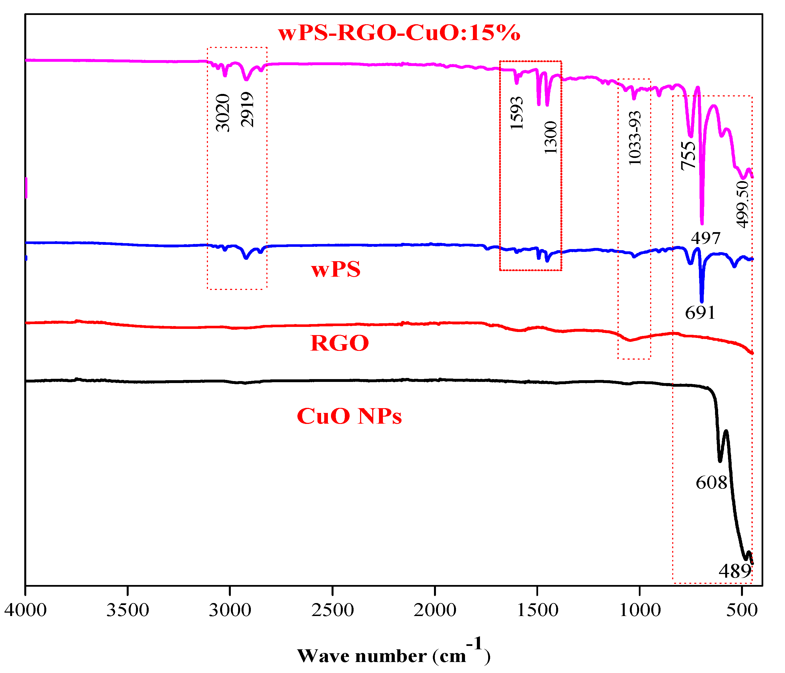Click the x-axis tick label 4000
(25, 610)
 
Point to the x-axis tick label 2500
(332, 610)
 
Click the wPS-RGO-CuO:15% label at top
(399, 33)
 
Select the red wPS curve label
(336, 270)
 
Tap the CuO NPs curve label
(349, 416)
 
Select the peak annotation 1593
(517, 113)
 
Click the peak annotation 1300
(551, 137)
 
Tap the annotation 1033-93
(635, 138)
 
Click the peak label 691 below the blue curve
(700, 313)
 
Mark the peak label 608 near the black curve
(712, 483)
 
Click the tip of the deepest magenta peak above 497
(702, 223)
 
